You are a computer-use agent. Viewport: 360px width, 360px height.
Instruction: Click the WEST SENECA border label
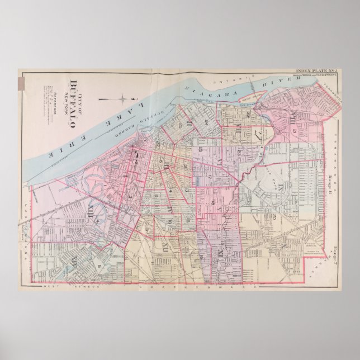point(59,287)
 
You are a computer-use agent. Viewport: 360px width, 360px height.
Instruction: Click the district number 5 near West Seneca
point(100,266)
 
